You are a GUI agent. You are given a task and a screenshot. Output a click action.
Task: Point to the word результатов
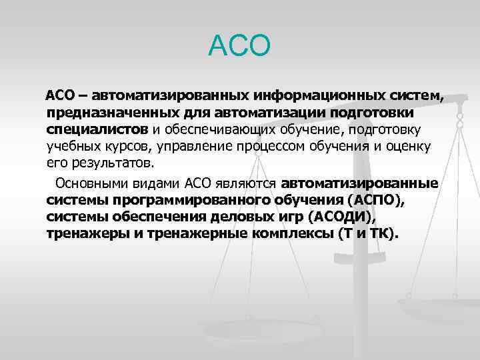[111, 162]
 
